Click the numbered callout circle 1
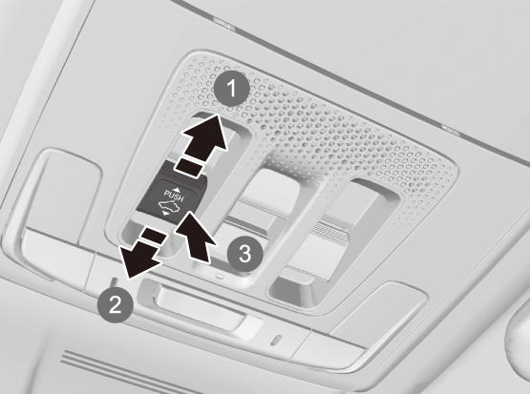point(232,89)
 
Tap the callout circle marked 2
point(116,304)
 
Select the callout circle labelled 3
point(244,254)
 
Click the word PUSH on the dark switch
point(174,196)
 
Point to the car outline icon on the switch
point(171,206)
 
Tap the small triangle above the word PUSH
point(176,190)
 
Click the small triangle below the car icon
point(165,214)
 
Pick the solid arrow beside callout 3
point(196,237)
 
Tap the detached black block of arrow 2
point(154,236)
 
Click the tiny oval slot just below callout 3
point(220,276)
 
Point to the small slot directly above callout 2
point(115,280)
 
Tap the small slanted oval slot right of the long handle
point(277,340)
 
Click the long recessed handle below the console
point(202,304)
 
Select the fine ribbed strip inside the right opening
point(331,232)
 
